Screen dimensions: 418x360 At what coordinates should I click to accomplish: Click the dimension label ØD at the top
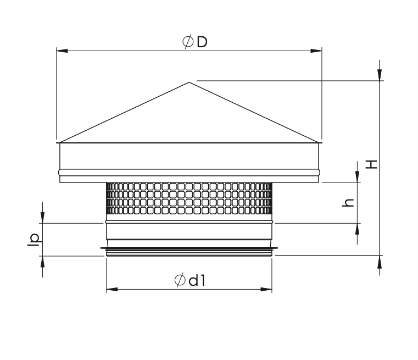tap(195, 42)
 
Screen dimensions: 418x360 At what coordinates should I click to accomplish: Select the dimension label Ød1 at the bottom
tap(190, 280)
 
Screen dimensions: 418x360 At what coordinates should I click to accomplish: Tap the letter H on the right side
tap(371, 164)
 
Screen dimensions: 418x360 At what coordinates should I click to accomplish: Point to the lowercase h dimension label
tap(348, 203)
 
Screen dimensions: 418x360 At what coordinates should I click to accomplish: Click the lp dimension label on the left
tap(35, 240)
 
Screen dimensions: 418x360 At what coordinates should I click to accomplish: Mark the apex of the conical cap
tap(189, 82)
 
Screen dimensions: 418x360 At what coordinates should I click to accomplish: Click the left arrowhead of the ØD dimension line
tap(62, 51)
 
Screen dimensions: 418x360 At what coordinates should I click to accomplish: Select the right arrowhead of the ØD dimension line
tap(316, 51)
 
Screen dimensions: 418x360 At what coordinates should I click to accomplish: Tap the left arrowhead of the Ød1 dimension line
tap(112, 289)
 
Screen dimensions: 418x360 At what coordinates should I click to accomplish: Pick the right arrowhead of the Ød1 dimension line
tap(266, 289)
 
